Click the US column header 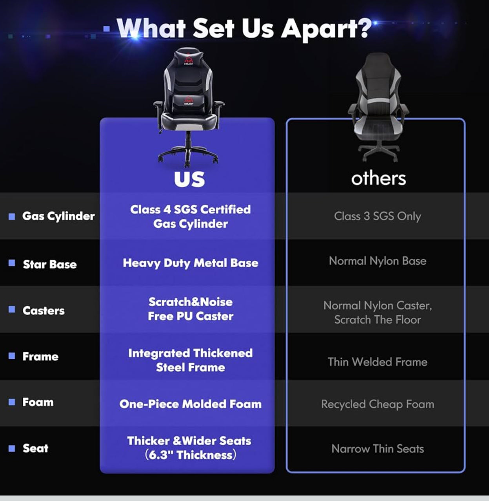pos(189,179)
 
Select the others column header pos(378,179)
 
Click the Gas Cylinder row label pos(58,216)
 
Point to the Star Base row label pos(50,264)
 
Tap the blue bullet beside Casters pos(12,309)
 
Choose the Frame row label pos(41,357)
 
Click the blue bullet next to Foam pos(12,402)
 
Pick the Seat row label pos(35,448)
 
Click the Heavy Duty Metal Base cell pos(191,263)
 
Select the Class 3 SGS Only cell pos(377,216)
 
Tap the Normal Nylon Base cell pos(377,261)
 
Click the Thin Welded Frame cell pos(377,362)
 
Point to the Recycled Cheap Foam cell pos(377,404)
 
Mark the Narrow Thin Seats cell pos(377,449)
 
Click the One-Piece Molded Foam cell pos(191,404)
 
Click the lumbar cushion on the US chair pos(188,101)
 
